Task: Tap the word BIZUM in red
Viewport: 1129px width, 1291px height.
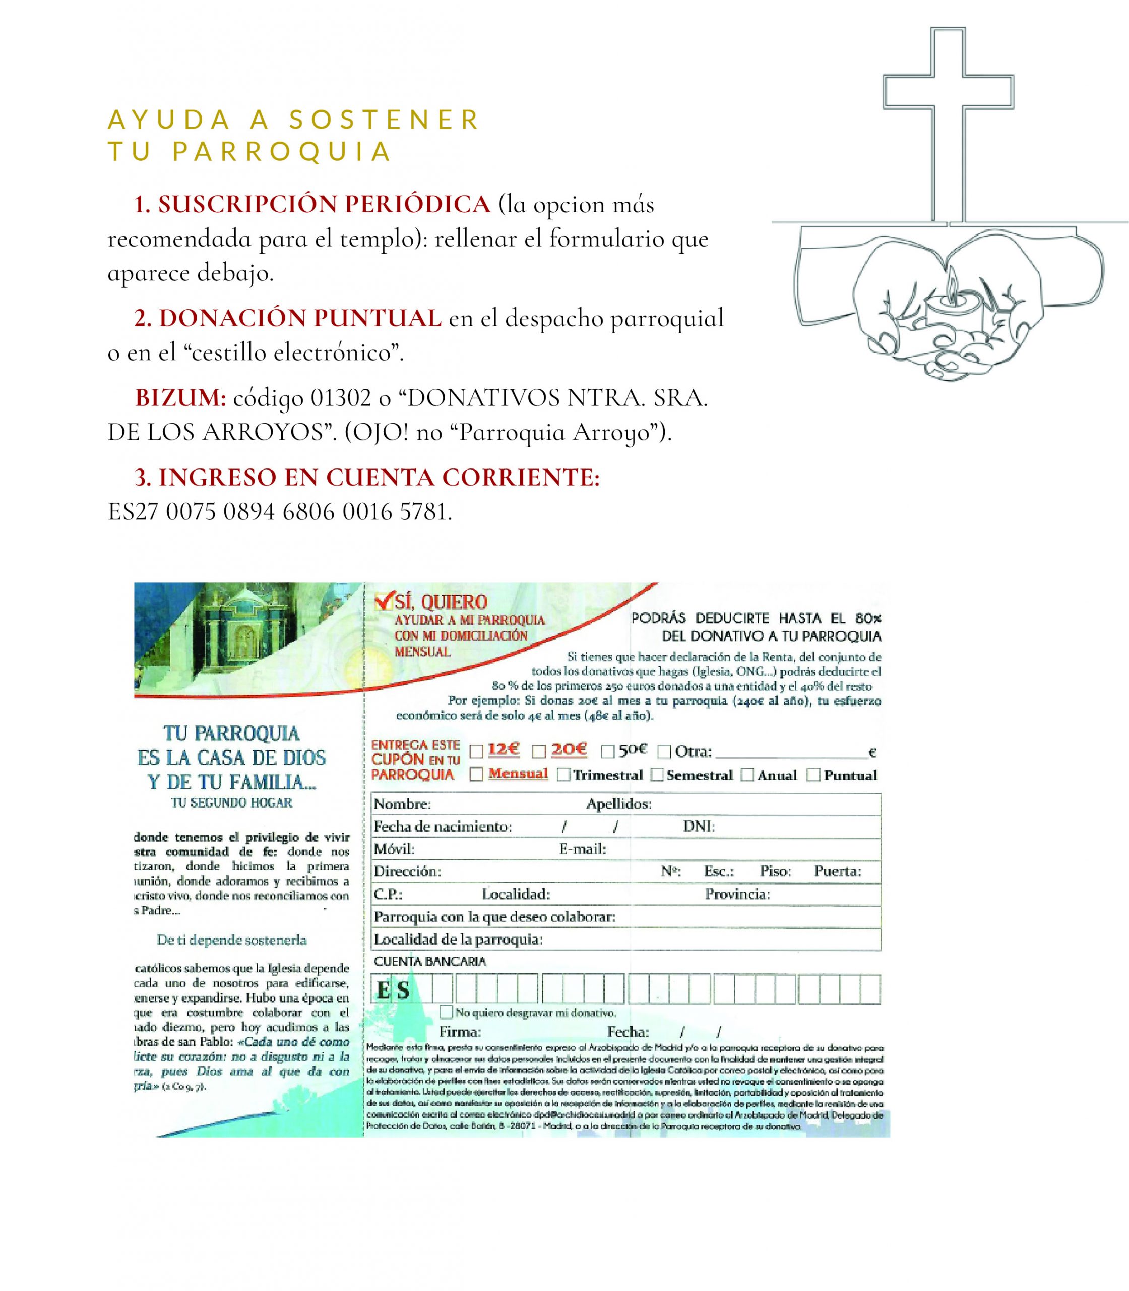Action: click(x=180, y=398)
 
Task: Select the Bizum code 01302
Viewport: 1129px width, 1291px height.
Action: click(x=340, y=398)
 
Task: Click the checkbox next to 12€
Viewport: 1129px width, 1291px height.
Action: click(x=477, y=751)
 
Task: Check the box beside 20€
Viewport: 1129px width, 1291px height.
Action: click(x=539, y=751)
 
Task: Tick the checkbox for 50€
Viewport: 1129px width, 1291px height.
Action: click(x=607, y=751)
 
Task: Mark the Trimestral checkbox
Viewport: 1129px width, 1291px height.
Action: click(x=564, y=775)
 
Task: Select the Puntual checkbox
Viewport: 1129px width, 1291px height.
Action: click(x=813, y=775)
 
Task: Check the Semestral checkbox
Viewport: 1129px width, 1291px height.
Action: click(x=657, y=775)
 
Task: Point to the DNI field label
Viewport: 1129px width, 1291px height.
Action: click(x=699, y=827)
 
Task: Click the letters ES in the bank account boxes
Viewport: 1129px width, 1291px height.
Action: click(x=393, y=990)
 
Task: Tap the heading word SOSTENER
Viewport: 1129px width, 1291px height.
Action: click(x=384, y=120)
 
